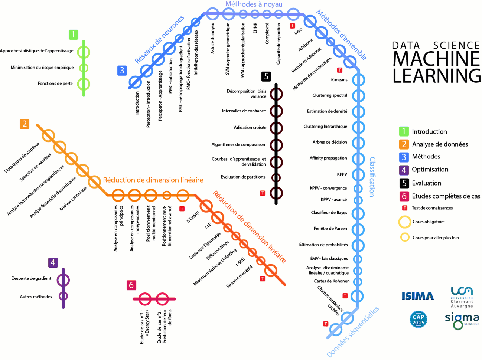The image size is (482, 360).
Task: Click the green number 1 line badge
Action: [74, 35]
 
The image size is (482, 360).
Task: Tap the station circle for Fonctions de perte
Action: [84, 84]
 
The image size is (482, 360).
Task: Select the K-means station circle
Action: [358, 80]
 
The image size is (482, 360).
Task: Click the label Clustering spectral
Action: [330, 95]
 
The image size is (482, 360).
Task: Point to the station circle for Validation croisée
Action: [276, 128]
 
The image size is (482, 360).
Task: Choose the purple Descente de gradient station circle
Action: [63, 280]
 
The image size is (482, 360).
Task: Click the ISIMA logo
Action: [417, 296]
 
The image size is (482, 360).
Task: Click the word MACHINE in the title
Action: [436, 59]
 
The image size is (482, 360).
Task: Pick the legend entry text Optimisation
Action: [430, 170]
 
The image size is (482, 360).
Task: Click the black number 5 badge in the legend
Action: [404, 183]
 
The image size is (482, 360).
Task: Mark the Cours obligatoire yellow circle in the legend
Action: [404, 222]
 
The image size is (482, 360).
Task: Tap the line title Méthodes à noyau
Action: [254, 4]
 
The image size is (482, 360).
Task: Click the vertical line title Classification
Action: [372, 177]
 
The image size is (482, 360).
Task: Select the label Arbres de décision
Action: [330, 142]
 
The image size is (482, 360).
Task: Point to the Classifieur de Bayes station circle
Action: [358, 213]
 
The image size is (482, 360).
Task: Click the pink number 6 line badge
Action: [131, 285]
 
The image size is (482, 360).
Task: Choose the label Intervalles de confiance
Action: [244, 111]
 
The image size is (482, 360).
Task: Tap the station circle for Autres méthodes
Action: [63, 296]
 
